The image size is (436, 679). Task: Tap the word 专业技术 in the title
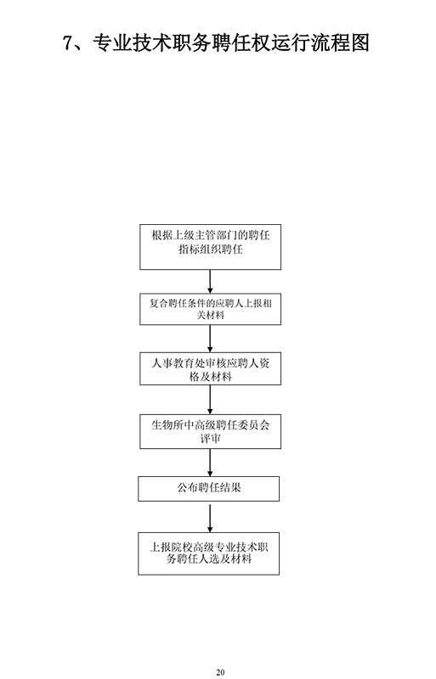click(x=133, y=43)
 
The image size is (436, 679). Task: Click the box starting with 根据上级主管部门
click(x=211, y=247)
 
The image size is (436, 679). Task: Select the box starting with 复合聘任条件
click(x=211, y=309)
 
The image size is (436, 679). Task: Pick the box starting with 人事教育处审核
click(x=211, y=369)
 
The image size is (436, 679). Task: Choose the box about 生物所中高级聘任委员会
click(x=211, y=431)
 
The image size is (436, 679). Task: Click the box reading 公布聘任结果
click(x=209, y=489)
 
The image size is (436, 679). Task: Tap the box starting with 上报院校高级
click(x=209, y=554)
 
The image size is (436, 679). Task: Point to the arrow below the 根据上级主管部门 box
click(x=211, y=282)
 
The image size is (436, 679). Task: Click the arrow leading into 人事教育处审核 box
click(x=211, y=339)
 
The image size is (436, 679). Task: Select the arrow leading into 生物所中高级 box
click(x=211, y=400)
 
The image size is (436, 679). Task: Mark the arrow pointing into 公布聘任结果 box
click(x=211, y=463)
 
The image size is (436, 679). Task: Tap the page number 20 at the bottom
click(x=220, y=672)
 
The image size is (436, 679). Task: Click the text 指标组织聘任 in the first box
click(x=211, y=250)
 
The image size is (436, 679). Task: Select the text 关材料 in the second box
click(x=211, y=315)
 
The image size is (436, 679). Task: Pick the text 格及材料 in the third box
click(x=211, y=377)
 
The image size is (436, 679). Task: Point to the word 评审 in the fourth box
click(x=211, y=438)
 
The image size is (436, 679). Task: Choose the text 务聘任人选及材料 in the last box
click(x=209, y=558)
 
